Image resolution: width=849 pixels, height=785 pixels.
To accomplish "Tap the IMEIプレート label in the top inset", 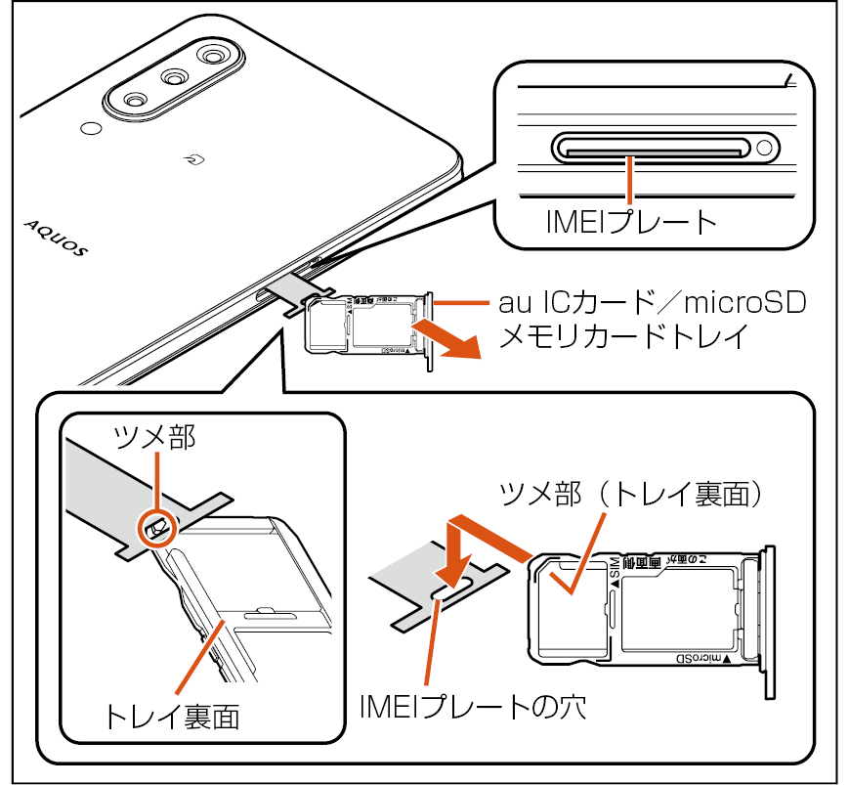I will coord(631,223).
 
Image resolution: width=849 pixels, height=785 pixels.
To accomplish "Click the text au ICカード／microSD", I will coord(653,303).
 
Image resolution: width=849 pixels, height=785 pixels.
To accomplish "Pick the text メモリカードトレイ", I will coord(624,337).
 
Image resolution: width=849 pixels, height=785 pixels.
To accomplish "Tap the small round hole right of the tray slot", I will coord(765,149).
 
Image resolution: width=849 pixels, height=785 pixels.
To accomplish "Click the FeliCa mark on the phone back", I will coord(194,156).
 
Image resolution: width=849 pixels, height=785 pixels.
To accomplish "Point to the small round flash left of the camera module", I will coord(90,128).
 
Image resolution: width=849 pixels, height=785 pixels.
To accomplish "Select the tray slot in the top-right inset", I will coord(648,149).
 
